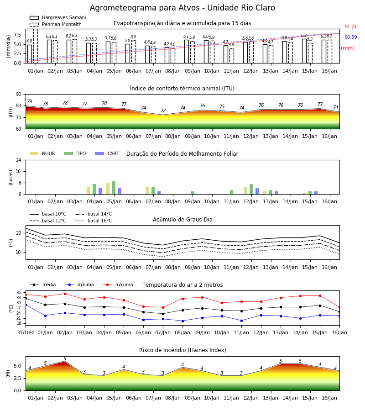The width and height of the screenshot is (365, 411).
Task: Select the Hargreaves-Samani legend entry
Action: click(x=57, y=17)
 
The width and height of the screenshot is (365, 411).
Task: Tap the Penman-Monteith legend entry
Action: click(x=56, y=24)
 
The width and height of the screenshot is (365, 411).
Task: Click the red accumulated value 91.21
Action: click(x=351, y=27)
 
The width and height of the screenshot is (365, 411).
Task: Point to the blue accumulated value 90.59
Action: click(x=351, y=37)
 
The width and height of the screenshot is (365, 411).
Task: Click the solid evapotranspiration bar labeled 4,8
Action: click(x=30, y=54)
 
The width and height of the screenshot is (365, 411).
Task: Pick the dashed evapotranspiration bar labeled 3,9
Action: click(x=232, y=56)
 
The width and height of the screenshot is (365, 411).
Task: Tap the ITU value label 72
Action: click(x=163, y=111)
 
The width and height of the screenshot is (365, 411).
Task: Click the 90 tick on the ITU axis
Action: click(x=19, y=95)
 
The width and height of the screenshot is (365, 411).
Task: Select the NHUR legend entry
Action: click(x=42, y=153)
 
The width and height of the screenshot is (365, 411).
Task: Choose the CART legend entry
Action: click(x=107, y=153)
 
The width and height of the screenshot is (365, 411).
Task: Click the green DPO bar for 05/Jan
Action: click(x=114, y=188)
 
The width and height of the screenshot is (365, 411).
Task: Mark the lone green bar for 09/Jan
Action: click(x=193, y=193)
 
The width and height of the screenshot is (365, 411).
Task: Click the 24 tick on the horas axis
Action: click(x=19, y=160)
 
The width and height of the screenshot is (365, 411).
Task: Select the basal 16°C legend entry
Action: click(x=94, y=221)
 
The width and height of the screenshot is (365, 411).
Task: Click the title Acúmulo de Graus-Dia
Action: click(x=182, y=220)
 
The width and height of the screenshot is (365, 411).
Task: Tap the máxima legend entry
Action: click(x=118, y=285)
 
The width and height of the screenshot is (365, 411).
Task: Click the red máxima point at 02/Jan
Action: click(x=65, y=294)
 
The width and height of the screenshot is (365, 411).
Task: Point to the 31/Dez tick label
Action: click(x=26, y=332)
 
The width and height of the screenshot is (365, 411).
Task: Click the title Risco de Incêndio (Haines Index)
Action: click(x=182, y=350)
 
